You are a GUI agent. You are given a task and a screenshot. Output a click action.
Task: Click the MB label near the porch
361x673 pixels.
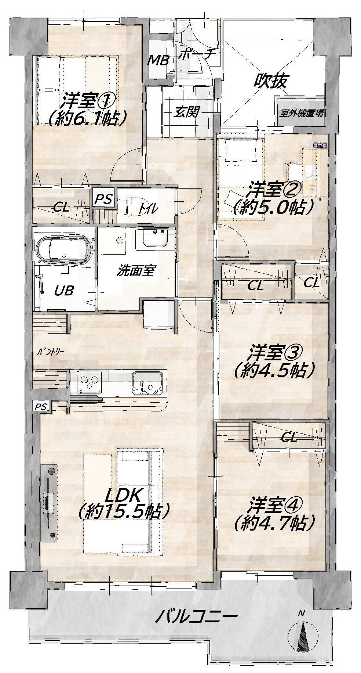(158, 60)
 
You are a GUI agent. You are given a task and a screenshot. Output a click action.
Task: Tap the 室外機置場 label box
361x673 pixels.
(301, 112)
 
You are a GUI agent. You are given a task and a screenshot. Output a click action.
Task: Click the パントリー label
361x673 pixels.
(51, 351)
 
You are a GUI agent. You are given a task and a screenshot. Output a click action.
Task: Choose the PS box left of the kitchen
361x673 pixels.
(41, 406)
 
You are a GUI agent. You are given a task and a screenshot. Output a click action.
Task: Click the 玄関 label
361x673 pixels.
(186, 111)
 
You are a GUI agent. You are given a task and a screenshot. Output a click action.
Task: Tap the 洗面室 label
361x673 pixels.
(136, 270)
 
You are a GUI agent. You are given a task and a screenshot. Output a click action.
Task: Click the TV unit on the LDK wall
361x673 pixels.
(49, 503)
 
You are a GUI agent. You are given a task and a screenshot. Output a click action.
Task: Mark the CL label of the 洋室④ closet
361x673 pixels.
(289, 437)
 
